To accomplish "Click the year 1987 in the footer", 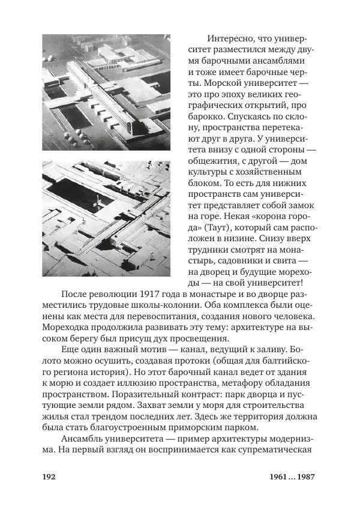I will pyautogui.click(x=302, y=477).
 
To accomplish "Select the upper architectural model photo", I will pyautogui.click(x=106, y=92).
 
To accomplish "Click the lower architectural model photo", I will pyautogui.click(x=106, y=218).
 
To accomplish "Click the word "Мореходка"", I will pyautogui.click(x=70, y=328).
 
